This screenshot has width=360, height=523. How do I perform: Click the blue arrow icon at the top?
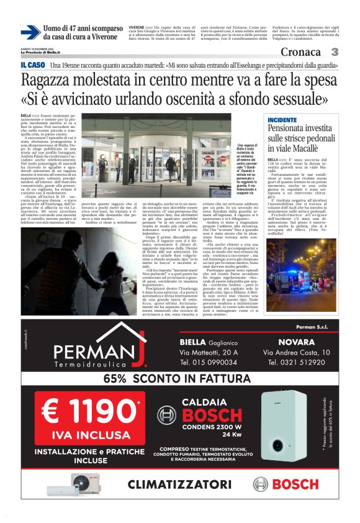pyautogui.click(x=30, y=32)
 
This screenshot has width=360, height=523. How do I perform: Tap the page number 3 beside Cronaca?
pyautogui.click(x=335, y=52)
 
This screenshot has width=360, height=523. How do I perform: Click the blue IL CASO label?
pyautogui.click(x=32, y=65)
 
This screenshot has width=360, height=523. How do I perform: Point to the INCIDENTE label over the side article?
pyautogui.click(x=282, y=119)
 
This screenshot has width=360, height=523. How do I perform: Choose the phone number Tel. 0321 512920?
pyautogui.click(x=295, y=362)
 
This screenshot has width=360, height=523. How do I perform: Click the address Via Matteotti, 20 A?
pyautogui.click(x=208, y=352)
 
